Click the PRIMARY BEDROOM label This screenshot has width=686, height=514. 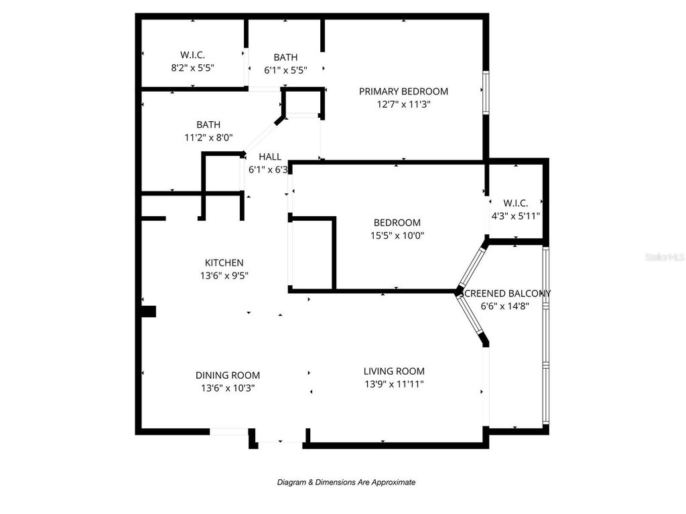pyautogui.click(x=403, y=92)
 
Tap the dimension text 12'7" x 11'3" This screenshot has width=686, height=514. pyautogui.click(x=403, y=104)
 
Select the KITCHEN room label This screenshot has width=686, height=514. pyautogui.click(x=224, y=263)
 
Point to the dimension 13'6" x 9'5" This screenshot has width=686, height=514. pyautogui.click(x=224, y=275)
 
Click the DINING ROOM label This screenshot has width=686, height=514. pyautogui.click(x=228, y=375)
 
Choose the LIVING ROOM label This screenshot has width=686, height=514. pyautogui.click(x=394, y=371)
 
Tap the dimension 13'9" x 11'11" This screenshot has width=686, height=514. pyautogui.click(x=394, y=384)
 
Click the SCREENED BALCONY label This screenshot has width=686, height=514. pyautogui.click(x=507, y=294)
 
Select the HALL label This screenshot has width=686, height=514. pyautogui.click(x=270, y=157)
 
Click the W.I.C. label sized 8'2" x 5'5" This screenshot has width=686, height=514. pyautogui.click(x=192, y=55)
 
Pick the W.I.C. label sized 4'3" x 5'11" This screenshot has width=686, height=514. pyautogui.click(x=516, y=203)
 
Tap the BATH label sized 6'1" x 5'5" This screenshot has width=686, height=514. pyautogui.click(x=285, y=58)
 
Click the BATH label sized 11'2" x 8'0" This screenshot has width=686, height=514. pyautogui.click(x=208, y=124)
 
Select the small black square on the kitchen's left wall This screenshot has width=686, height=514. pyautogui.click(x=148, y=311)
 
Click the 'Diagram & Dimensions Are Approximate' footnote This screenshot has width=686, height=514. pyautogui.click(x=346, y=482)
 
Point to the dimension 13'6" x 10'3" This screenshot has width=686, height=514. pyautogui.click(x=228, y=388)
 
